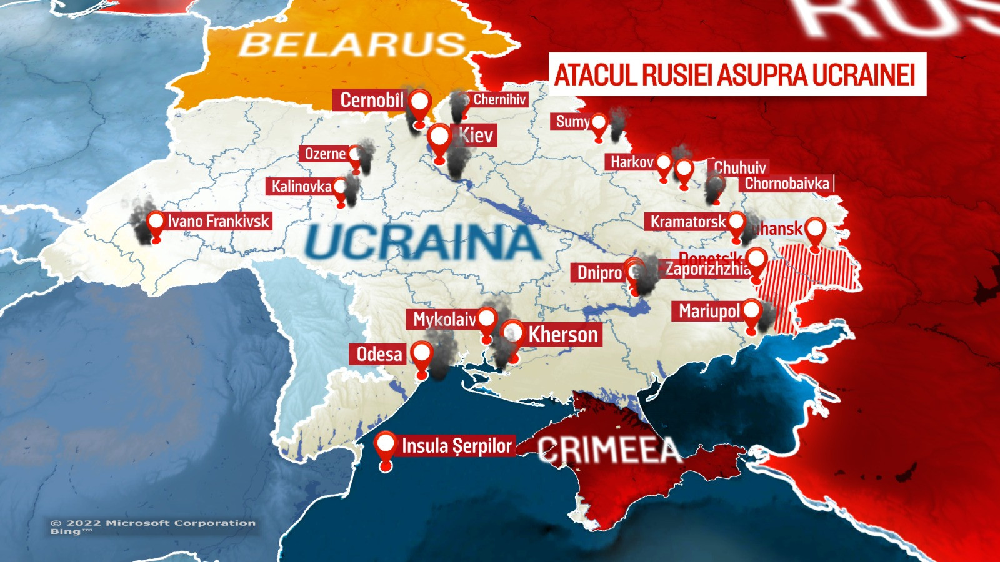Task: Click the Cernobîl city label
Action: (372, 100)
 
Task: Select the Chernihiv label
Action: (499, 99)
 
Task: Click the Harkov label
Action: (631, 162)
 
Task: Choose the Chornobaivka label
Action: (787, 184)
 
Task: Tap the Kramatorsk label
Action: (687, 222)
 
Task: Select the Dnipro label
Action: (599, 272)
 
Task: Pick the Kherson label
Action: (562, 335)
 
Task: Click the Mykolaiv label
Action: (444, 320)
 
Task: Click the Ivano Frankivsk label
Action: (218, 221)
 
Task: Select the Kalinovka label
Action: (301, 186)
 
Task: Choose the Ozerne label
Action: (324, 154)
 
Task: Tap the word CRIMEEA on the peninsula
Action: (609, 450)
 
